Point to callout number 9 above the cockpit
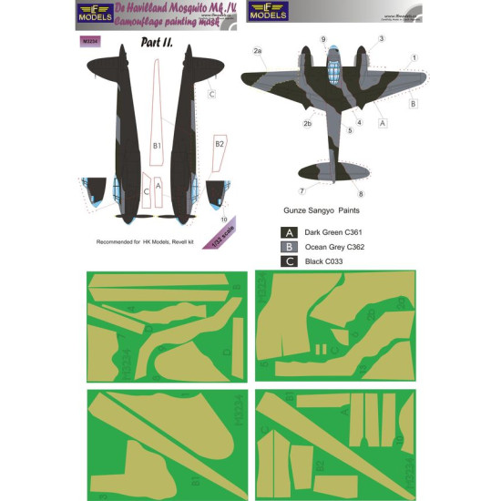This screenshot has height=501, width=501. click(322, 40)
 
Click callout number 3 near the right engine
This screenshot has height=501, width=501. click(381, 38)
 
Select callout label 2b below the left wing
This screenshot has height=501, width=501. click(281, 123)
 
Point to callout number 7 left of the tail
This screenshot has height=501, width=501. click(302, 190)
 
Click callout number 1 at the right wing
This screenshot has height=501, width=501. click(414, 58)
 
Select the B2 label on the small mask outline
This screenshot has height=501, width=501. click(219, 144)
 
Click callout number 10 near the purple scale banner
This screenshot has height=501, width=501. click(224, 219)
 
